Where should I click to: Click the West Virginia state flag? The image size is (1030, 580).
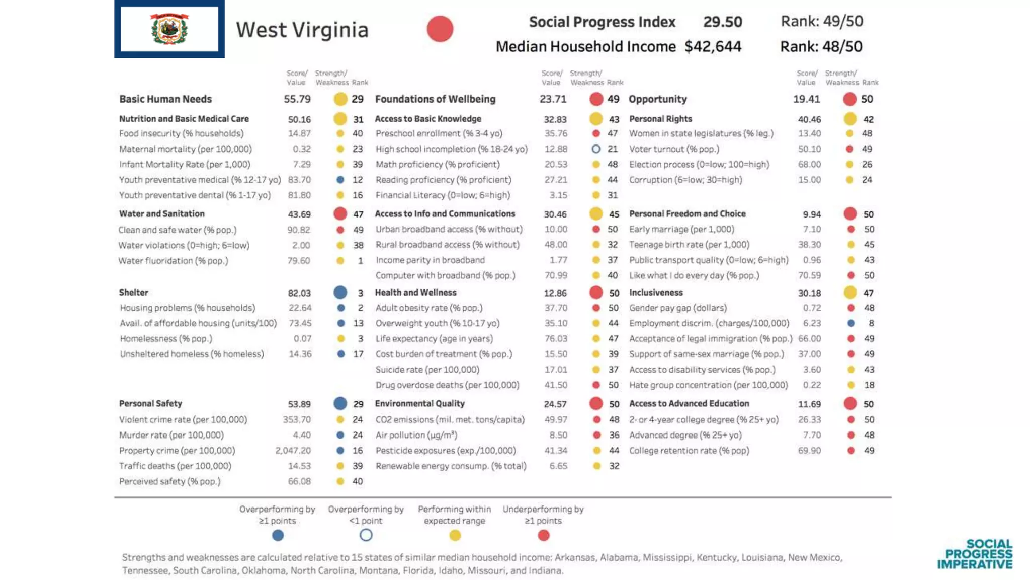169,29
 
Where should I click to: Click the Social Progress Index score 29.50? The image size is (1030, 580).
722,22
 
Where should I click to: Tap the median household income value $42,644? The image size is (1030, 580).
713,47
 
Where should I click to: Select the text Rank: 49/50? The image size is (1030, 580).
822,21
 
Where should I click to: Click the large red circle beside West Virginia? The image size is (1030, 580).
440,29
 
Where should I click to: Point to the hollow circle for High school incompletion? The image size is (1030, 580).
596,149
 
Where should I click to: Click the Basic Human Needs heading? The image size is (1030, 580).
165,99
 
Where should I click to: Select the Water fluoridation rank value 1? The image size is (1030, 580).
360,261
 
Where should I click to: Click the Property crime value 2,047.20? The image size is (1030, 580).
293,451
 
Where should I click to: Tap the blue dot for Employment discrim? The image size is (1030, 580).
851,323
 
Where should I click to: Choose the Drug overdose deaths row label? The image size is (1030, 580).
447,385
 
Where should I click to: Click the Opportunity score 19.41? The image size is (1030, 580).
806,99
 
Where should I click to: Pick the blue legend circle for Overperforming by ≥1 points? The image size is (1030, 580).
278,535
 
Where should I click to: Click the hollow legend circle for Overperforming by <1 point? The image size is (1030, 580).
366,535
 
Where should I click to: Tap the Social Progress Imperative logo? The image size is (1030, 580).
975,554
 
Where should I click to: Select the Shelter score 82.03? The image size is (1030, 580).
299,293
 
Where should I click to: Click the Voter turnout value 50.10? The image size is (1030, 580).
809,149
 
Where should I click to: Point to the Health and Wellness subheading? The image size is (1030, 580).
415,293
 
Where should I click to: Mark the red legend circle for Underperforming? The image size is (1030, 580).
543,535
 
